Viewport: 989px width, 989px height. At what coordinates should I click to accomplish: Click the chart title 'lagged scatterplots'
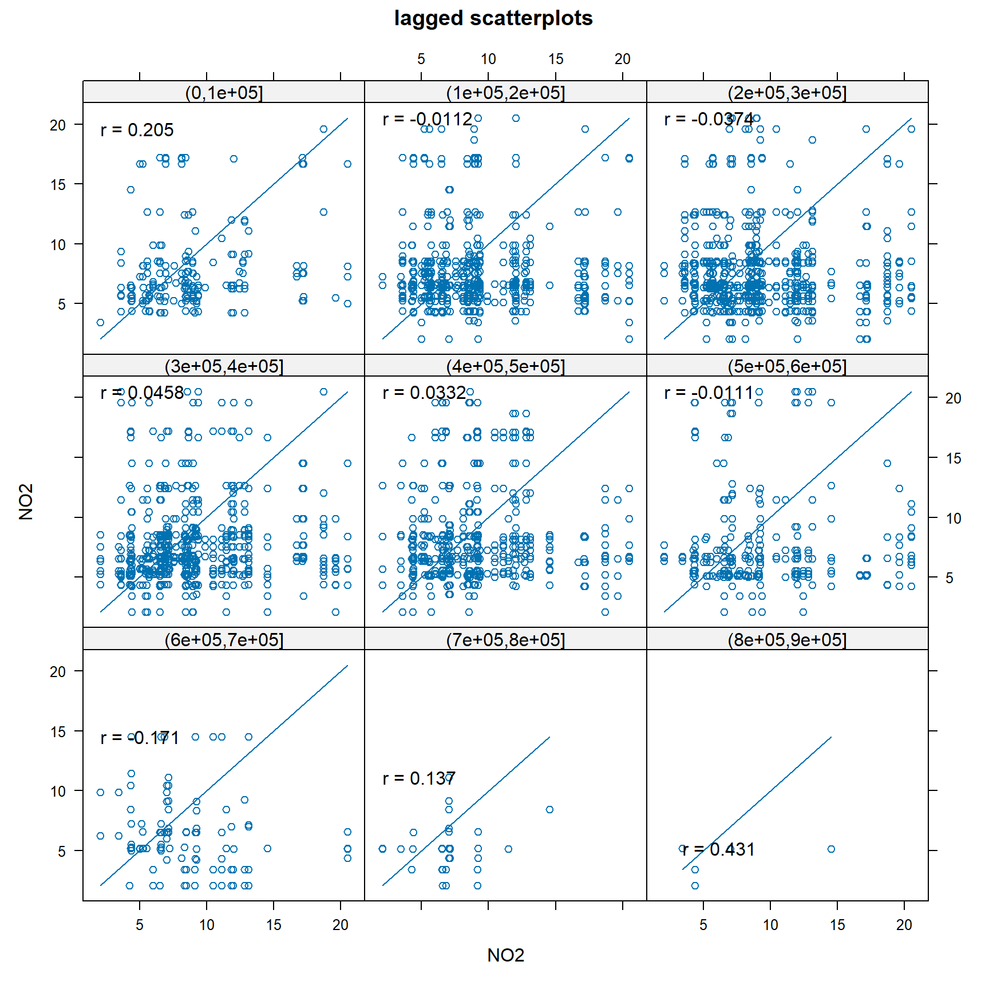click(x=493, y=18)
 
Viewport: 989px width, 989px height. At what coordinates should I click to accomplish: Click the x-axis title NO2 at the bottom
click(x=505, y=955)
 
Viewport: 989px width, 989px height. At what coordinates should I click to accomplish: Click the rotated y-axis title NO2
click(x=26, y=501)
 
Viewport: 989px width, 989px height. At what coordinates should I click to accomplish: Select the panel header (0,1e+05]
click(x=224, y=92)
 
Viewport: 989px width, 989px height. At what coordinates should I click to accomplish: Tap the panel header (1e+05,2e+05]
click(x=505, y=92)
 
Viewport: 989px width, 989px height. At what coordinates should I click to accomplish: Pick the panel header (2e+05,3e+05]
click(x=787, y=92)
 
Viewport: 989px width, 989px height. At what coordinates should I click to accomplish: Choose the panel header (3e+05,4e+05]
click(x=224, y=366)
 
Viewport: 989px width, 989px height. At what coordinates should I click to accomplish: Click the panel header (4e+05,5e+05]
click(x=505, y=366)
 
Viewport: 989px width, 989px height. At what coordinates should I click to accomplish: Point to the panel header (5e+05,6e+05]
click(x=787, y=366)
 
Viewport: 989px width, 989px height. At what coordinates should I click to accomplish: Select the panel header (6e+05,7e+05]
click(x=224, y=639)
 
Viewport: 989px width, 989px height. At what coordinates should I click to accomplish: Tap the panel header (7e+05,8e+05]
click(x=505, y=639)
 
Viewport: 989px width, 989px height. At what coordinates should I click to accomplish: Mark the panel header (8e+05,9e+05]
click(x=787, y=639)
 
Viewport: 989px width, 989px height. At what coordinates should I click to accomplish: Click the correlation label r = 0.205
click(x=137, y=130)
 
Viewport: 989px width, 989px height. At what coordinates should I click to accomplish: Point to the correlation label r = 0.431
click(x=719, y=849)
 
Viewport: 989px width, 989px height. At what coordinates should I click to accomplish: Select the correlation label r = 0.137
click(x=419, y=778)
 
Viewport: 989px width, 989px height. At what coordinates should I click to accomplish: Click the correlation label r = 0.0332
click(x=424, y=393)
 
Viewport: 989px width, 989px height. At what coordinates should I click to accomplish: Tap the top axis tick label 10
click(x=488, y=59)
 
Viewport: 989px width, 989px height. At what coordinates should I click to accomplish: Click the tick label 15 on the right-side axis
click(x=953, y=458)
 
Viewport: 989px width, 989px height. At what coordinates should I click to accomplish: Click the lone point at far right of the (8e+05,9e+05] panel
click(x=831, y=849)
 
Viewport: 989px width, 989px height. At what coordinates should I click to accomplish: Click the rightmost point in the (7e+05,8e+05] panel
click(x=549, y=809)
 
